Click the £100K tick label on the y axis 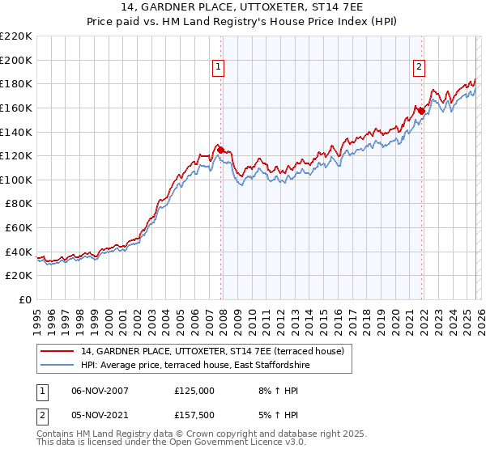point(16,180)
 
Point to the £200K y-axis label point(16,60)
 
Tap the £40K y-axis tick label point(19,252)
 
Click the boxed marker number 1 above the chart point(219,68)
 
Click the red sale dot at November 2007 point(220,149)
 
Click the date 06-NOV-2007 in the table point(100,390)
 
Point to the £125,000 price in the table point(194,390)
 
